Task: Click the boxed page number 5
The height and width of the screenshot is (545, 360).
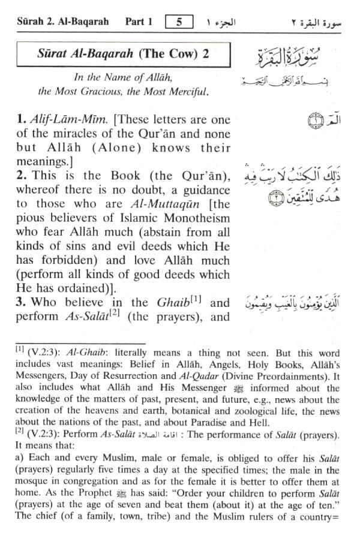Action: [178, 22]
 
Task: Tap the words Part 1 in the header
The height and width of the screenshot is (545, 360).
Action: [139, 22]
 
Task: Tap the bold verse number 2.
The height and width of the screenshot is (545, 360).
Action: [21, 176]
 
